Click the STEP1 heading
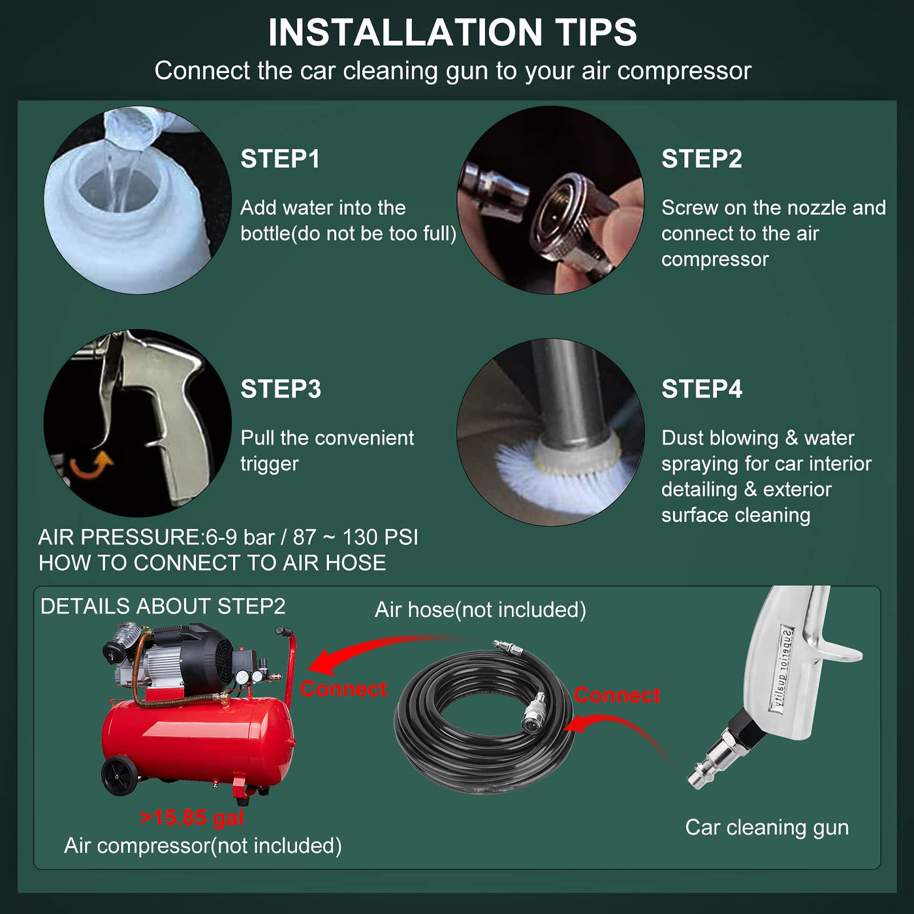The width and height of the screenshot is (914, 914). click(x=280, y=159)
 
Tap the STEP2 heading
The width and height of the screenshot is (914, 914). click(x=702, y=159)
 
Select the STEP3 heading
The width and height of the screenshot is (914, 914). click(x=281, y=389)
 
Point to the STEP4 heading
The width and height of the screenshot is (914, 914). click(x=702, y=389)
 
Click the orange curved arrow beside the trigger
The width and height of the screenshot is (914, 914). click(x=91, y=465)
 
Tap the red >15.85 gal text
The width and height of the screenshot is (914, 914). click(x=192, y=817)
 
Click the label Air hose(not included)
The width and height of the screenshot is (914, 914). click(x=481, y=610)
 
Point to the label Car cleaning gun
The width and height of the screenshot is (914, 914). click(x=767, y=827)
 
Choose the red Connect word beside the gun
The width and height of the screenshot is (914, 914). click(x=617, y=695)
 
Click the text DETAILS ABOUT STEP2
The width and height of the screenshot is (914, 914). click(x=163, y=606)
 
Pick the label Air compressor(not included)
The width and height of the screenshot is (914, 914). click(x=203, y=845)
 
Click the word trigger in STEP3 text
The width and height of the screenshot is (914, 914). click(x=270, y=464)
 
